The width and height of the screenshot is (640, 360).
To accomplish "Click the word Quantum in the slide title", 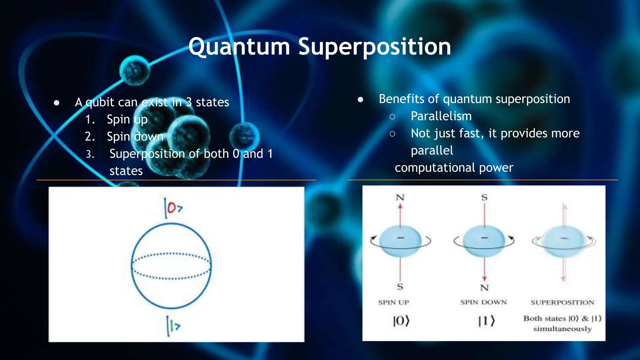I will pyautogui.click(x=239, y=47).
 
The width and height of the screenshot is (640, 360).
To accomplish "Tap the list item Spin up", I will pyautogui.click(x=127, y=119).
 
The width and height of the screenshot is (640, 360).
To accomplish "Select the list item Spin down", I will pyautogui.click(x=135, y=137).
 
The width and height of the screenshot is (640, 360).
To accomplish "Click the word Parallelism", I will pyautogui.click(x=441, y=116).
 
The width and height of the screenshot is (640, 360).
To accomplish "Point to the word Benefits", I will pyautogui.click(x=401, y=99).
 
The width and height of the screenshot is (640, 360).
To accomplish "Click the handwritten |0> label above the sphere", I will pyautogui.click(x=173, y=208).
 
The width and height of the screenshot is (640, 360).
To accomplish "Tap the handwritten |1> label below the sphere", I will pyautogui.click(x=173, y=326).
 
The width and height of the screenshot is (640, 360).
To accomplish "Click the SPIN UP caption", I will pyautogui.click(x=393, y=302).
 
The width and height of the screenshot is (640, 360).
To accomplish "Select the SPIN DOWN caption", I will pyautogui.click(x=483, y=302).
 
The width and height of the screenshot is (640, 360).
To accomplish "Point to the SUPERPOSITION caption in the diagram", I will pyautogui.click(x=562, y=302).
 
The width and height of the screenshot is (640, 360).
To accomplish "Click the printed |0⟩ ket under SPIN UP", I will pyautogui.click(x=401, y=321).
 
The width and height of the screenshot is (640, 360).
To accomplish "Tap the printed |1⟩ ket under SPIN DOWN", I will pyautogui.click(x=486, y=321).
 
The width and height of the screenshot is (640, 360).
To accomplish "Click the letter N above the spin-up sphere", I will pyautogui.click(x=400, y=197).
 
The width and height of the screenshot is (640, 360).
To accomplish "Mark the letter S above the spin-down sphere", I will pyautogui.click(x=484, y=197).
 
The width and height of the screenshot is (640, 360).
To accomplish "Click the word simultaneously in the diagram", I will pyautogui.click(x=562, y=329).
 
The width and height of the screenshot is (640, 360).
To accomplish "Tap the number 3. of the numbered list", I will pyautogui.click(x=90, y=154).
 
